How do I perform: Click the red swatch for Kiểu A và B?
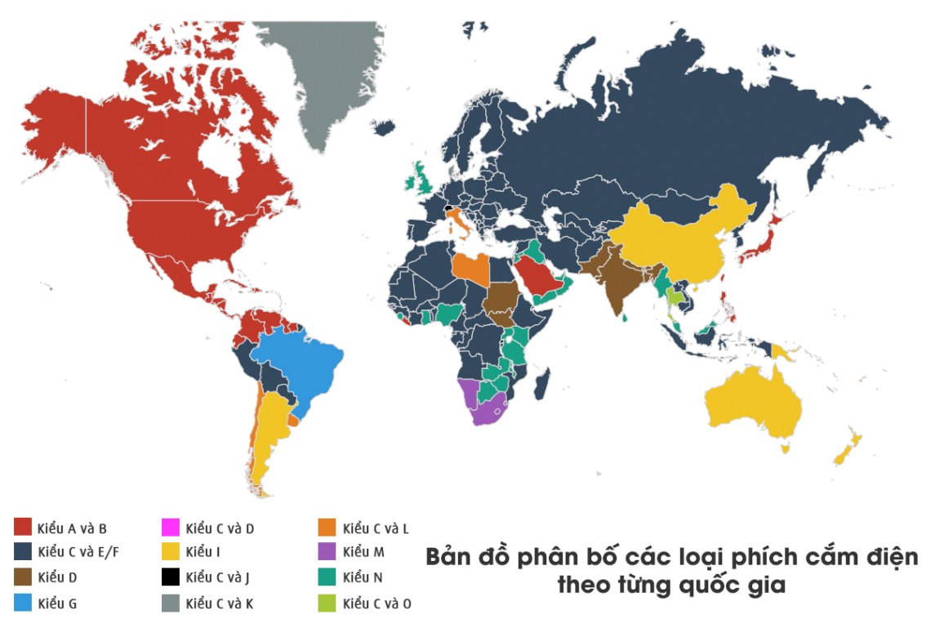pyautogui.click(x=22, y=528)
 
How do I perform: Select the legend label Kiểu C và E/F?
pyautogui.click(x=78, y=553)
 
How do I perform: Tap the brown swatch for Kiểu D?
pyautogui.click(x=22, y=578)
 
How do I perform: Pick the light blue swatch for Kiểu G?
pyautogui.click(x=22, y=603)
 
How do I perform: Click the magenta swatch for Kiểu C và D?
pyautogui.click(x=171, y=528)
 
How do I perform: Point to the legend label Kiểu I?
pyautogui.click(x=203, y=553)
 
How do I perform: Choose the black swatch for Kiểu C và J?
pyautogui.click(x=171, y=578)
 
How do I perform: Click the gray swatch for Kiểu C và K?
pyautogui.click(x=171, y=603)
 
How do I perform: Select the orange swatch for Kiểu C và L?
pyautogui.click(x=327, y=528)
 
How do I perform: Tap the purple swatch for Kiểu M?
pyautogui.click(x=327, y=553)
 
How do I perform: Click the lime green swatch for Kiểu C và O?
pyautogui.click(x=327, y=603)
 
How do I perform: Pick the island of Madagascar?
pyautogui.click(x=541, y=381)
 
